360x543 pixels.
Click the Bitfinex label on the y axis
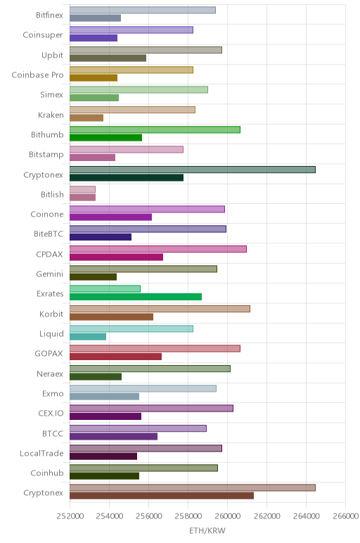[x=49, y=15]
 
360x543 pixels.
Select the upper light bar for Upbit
[x=146, y=50]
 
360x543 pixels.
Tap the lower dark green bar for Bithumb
[x=106, y=137]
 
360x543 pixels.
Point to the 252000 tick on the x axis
[x=70, y=516]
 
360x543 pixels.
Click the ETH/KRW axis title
[x=207, y=530]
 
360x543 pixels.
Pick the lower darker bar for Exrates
[x=136, y=297]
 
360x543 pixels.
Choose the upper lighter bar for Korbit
[x=160, y=309]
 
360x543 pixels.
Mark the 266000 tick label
[x=345, y=516]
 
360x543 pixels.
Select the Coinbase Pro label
[x=38, y=75]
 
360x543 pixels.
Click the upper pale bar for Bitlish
[x=82, y=189]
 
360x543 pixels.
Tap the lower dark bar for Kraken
[x=86, y=117]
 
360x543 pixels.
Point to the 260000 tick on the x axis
[x=227, y=516]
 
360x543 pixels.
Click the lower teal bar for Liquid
[x=88, y=337]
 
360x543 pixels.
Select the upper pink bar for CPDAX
[x=158, y=249]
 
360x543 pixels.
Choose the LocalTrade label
[x=41, y=453]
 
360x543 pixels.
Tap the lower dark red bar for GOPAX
[x=115, y=357]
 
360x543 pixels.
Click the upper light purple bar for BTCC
[x=138, y=428]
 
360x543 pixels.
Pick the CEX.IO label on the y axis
[x=51, y=413]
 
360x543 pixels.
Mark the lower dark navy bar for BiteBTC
[x=101, y=237]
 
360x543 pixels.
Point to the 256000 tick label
[x=148, y=516]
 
